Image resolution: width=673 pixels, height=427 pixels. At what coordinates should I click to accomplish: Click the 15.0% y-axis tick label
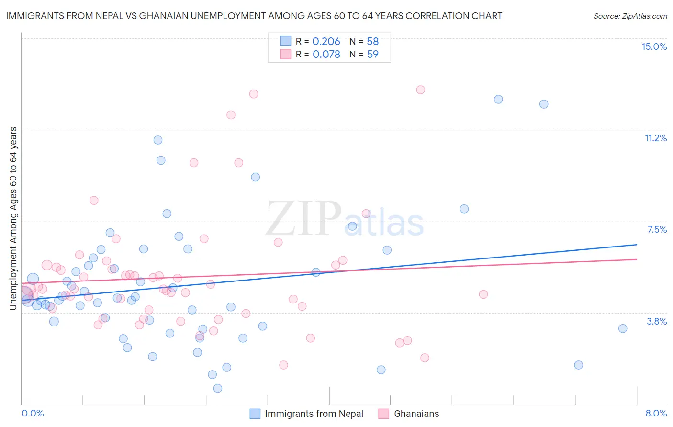coord(654,46)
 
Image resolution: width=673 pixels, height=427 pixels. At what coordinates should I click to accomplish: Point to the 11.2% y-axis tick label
coord(655,138)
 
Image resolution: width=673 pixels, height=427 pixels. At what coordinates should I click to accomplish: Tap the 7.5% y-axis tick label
coord(657,229)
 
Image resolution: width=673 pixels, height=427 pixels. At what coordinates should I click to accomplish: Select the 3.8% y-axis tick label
coord(657,321)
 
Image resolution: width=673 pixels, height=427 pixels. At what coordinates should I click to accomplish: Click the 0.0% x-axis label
coord(33,413)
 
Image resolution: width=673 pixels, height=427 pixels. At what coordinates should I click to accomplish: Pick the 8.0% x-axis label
coord(656,413)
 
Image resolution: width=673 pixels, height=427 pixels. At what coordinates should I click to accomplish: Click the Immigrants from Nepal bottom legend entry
coord(306,414)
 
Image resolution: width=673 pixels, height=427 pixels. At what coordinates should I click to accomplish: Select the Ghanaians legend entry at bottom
coord(409,414)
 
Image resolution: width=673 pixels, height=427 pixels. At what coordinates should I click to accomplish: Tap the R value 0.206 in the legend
coord(326,42)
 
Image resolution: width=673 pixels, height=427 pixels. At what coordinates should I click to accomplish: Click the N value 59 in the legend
coord(372,55)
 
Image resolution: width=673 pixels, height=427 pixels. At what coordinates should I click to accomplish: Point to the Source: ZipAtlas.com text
coord(630,16)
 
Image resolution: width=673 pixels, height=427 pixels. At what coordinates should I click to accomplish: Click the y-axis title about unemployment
coord(13,218)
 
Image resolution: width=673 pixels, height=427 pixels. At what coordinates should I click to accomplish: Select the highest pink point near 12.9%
coord(420,90)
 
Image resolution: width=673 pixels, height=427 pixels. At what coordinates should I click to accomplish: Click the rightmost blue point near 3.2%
coord(622,328)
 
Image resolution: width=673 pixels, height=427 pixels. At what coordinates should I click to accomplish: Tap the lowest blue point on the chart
coord(217,388)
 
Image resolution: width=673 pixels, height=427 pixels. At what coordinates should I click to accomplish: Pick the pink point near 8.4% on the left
coord(94,201)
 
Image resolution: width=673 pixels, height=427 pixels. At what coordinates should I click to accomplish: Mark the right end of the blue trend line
coord(637,245)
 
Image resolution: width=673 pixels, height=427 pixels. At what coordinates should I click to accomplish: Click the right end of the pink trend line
coord(637,259)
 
